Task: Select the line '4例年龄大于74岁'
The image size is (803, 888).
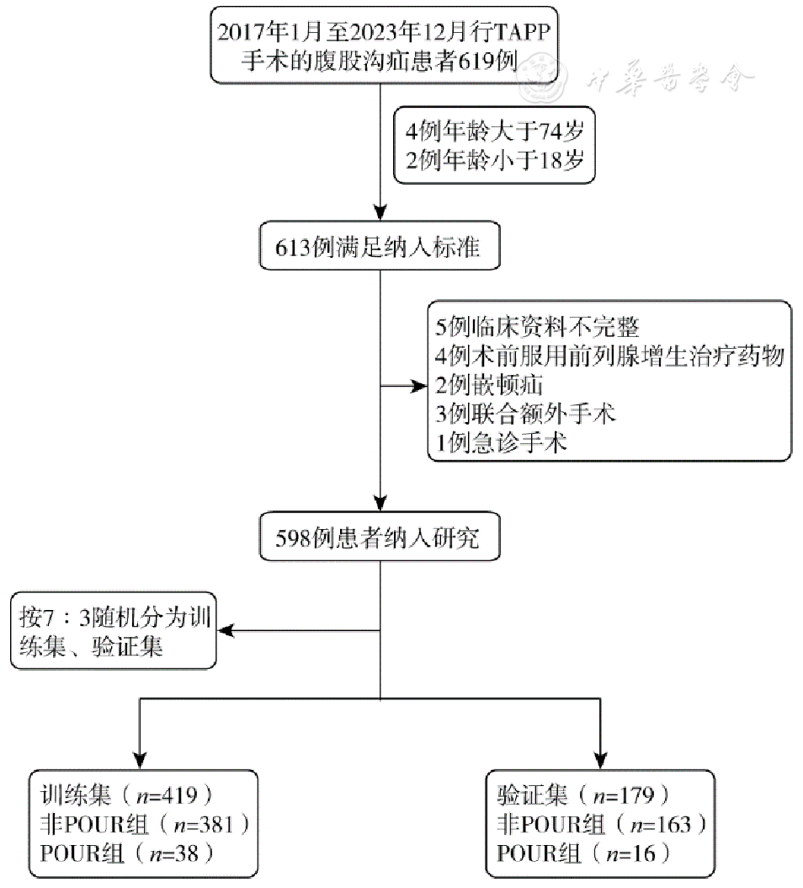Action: coord(494,132)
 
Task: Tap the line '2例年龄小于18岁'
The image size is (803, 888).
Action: coord(494,159)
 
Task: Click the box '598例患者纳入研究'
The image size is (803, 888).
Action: coord(381,538)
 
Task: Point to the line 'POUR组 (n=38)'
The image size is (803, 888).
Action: coord(124,853)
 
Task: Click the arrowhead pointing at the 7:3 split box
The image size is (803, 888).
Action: coord(225,630)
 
